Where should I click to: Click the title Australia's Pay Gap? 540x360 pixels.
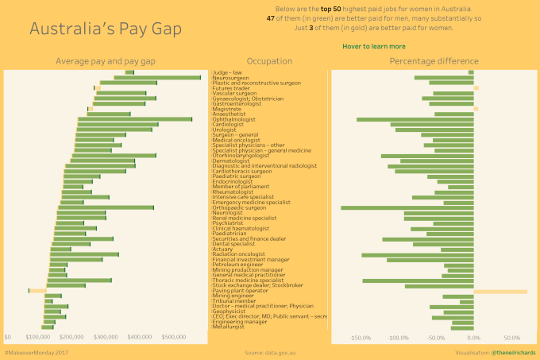(106, 29)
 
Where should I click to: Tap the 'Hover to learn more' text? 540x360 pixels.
(374, 47)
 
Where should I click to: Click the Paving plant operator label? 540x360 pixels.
(240, 290)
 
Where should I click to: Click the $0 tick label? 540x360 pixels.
(8, 337)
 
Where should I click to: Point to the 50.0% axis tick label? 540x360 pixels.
(511, 337)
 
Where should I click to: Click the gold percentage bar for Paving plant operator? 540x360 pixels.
(500, 291)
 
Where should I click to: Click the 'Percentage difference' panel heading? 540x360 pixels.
(434, 61)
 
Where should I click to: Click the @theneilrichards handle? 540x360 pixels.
(514, 351)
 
